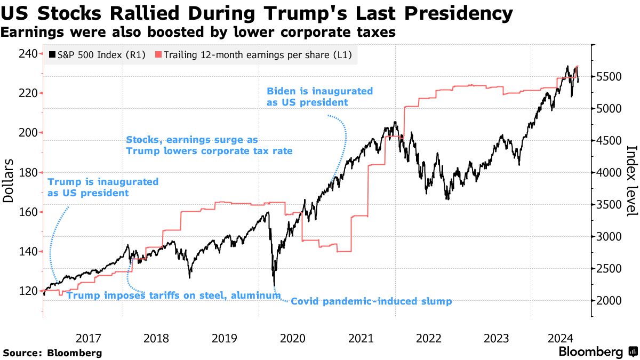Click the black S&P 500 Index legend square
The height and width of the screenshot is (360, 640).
point(52,54)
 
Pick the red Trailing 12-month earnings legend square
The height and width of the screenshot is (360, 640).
point(158,54)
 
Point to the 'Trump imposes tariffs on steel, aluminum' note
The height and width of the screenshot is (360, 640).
point(173,295)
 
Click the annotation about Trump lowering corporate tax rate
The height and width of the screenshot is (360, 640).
point(209,146)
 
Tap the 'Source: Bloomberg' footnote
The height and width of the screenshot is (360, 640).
point(52,353)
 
